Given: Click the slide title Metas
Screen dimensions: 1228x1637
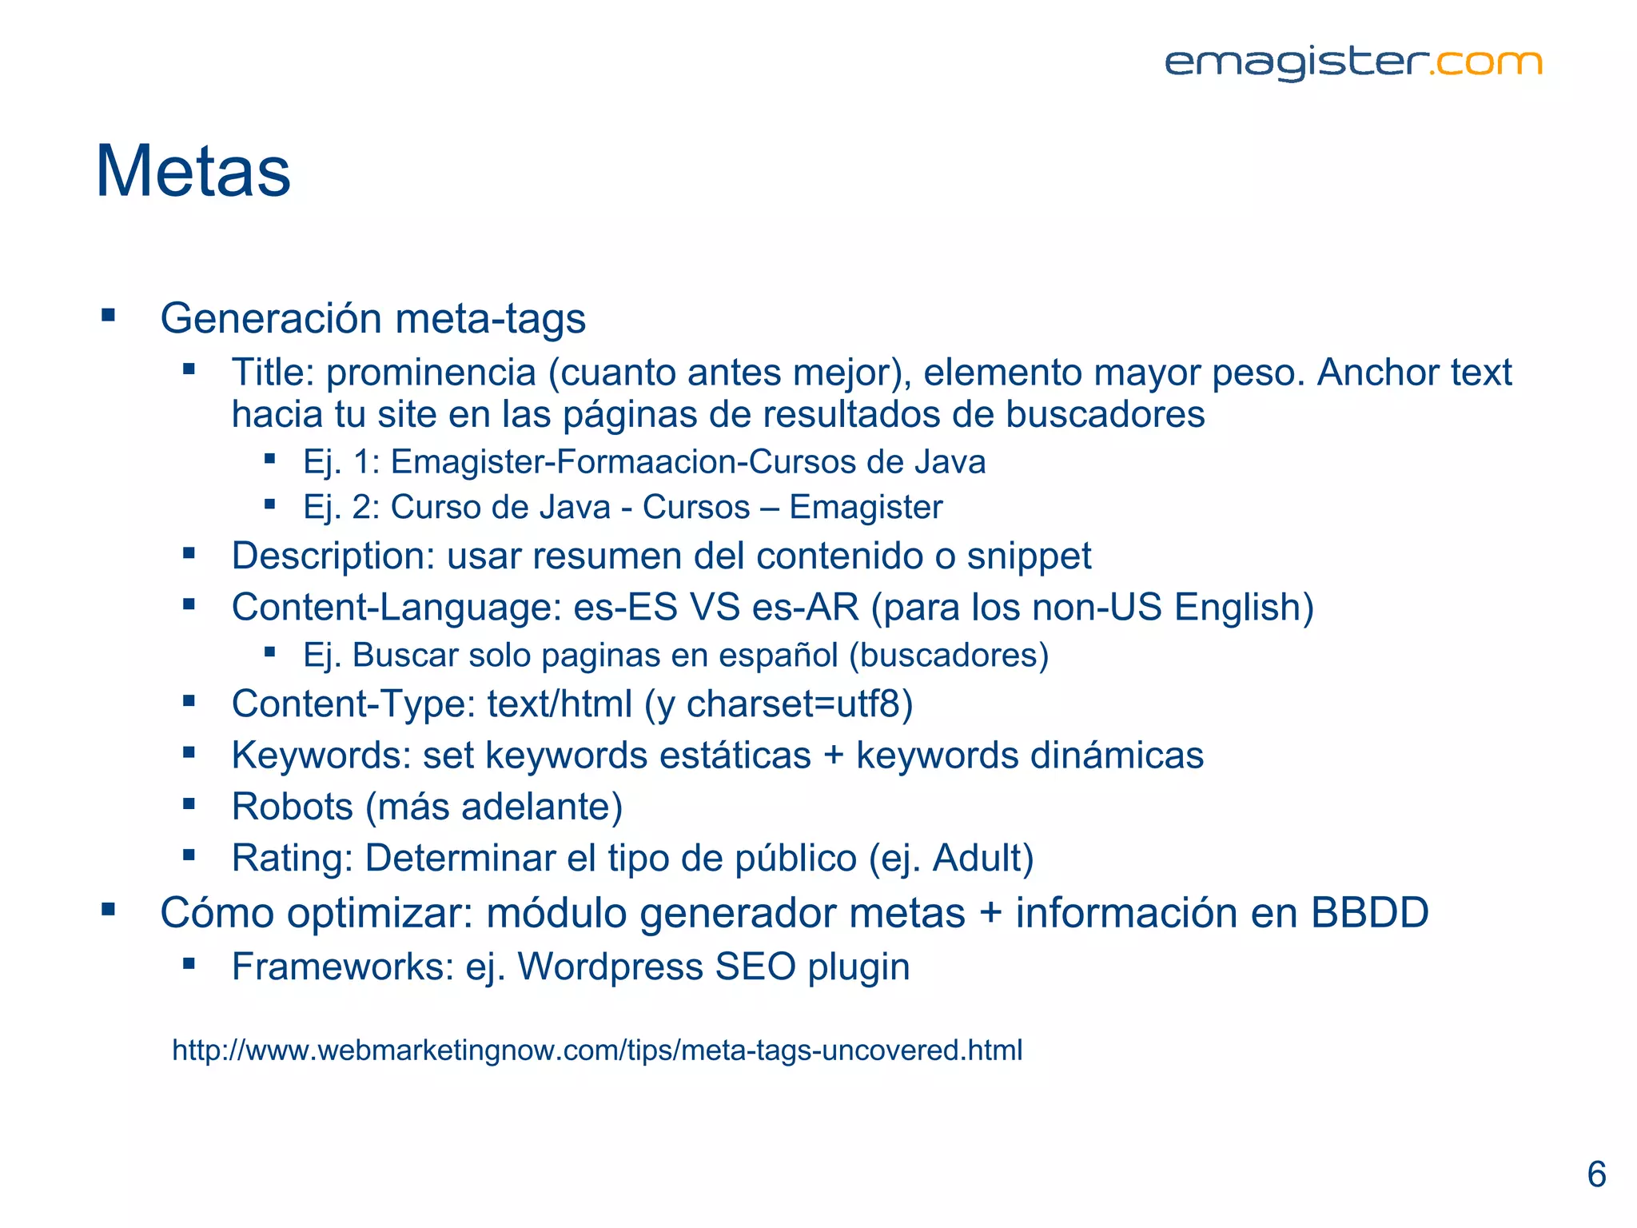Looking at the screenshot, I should (x=193, y=171).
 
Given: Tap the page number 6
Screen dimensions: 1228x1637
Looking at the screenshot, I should (x=1596, y=1174).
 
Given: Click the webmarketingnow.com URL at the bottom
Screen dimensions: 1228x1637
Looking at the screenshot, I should (x=597, y=1050).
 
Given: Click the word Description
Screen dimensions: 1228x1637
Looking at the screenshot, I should (x=332, y=556).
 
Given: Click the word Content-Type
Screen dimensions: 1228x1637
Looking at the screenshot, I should (x=353, y=704).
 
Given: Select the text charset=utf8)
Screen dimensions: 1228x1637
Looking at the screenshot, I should (x=799, y=704).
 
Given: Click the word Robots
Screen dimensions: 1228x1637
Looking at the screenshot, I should (x=292, y=807).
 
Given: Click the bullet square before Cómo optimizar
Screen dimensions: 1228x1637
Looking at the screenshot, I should (x=109, y=909).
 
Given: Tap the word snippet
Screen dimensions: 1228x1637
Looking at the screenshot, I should (x=1029, y=556).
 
